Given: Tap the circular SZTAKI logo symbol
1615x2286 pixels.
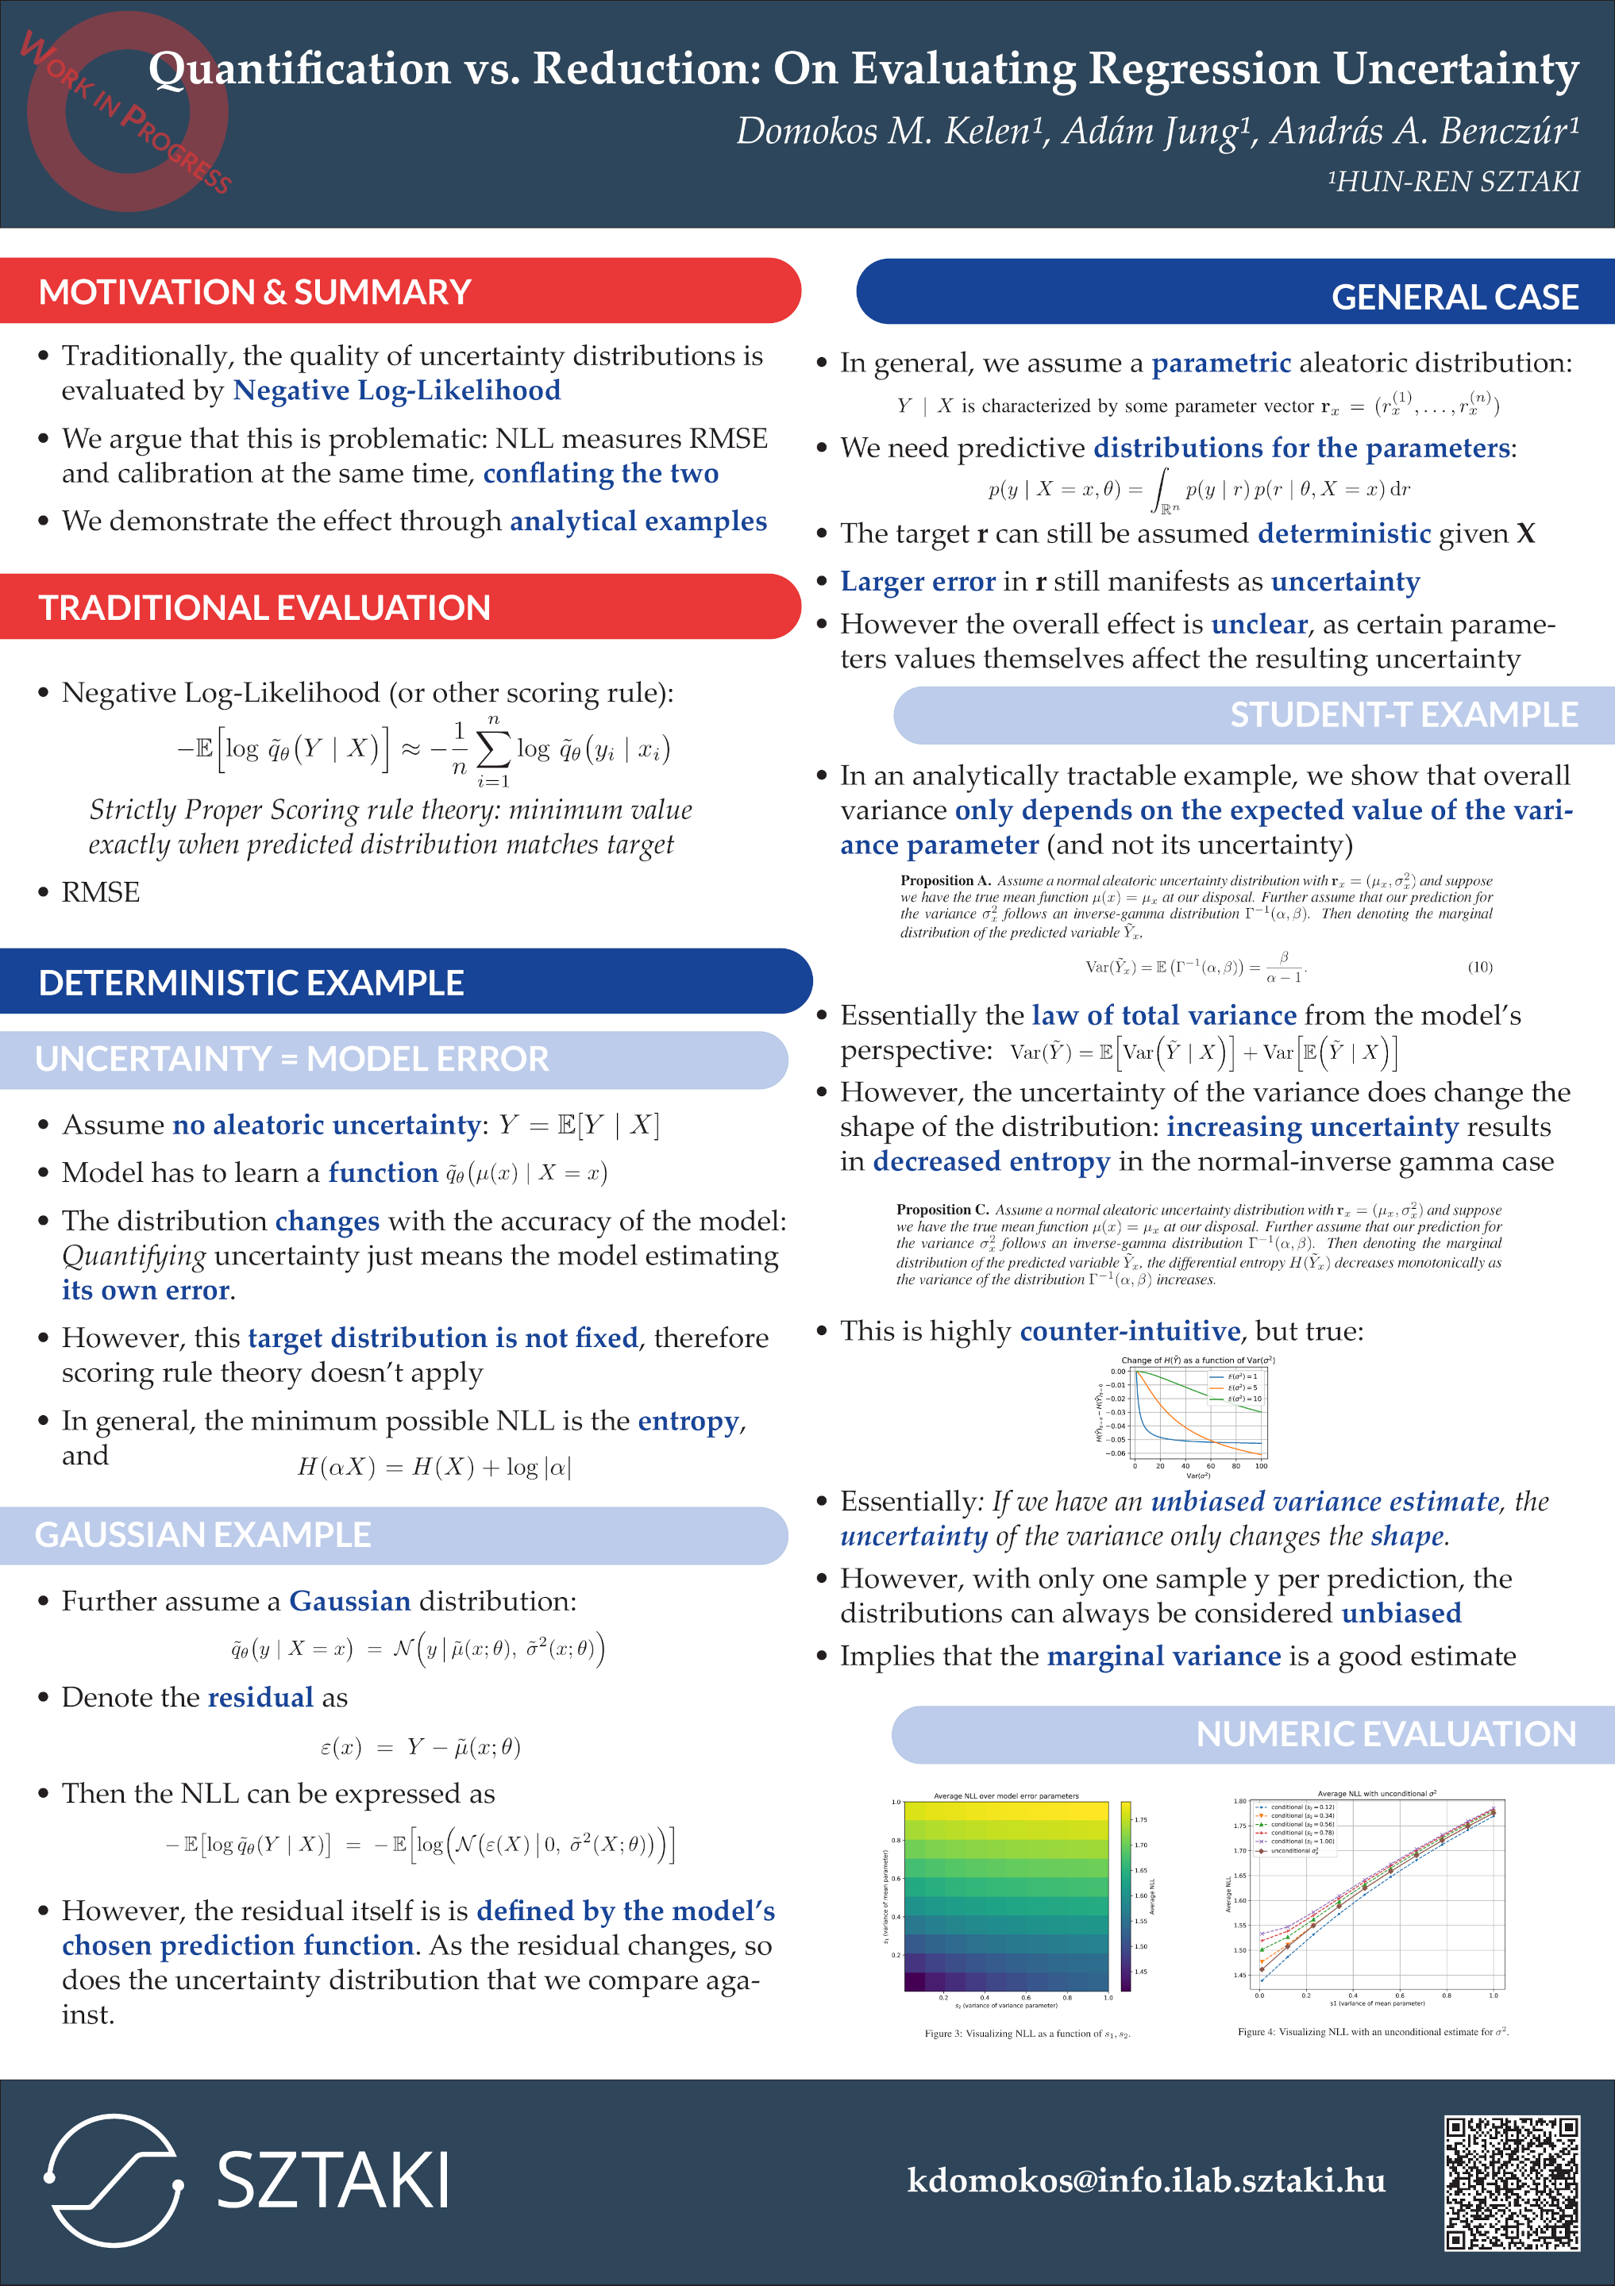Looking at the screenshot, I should [114, 2180].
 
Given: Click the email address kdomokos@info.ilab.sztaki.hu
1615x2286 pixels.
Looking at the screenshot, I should [1146, 2180].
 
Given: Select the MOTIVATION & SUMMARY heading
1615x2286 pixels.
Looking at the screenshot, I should [255, 292].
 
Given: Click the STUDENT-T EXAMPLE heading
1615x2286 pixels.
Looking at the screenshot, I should [1403, 715].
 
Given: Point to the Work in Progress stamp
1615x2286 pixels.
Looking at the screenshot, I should [128, 111].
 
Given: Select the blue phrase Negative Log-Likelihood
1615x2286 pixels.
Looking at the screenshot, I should [396, 391].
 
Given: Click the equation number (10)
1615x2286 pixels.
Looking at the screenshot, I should [1479, 967].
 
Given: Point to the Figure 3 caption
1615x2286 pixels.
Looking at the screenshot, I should [1027, 2033].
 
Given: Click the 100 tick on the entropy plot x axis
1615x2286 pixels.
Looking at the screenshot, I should [1261, 1465].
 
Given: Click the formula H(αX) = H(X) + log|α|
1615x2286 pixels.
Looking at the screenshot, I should [434, 1467].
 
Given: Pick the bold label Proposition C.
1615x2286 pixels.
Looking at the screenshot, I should [942, 1210].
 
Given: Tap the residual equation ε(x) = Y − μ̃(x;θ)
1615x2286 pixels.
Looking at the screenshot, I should [420, 1747].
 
